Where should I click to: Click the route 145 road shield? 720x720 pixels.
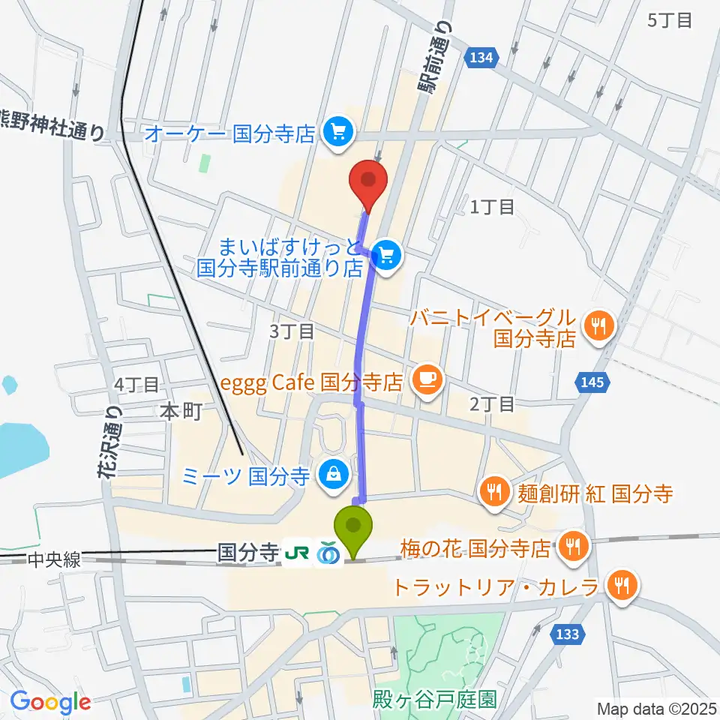592,383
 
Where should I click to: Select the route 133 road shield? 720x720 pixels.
568,634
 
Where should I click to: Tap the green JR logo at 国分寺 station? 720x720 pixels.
295,553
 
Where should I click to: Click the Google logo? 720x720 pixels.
50,702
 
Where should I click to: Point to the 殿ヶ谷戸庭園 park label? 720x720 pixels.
434,700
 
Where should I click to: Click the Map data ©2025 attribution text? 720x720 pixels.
655,708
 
